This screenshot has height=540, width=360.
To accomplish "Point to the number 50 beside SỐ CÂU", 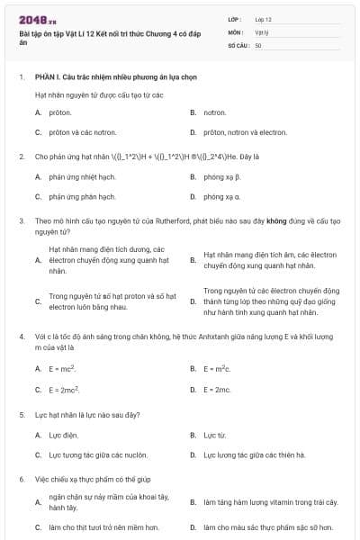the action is pos(258,44).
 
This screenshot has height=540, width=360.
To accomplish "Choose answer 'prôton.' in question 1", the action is pos(60,112).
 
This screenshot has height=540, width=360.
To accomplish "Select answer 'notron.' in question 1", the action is pos(214,112).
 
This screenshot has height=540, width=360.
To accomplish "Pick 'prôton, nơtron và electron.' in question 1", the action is pos(245,132).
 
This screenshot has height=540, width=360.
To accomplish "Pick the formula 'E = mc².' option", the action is pos(62,369).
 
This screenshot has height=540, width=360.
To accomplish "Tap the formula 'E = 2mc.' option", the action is pos(217,390).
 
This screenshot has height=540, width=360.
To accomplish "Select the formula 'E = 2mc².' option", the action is pos(64,390).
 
